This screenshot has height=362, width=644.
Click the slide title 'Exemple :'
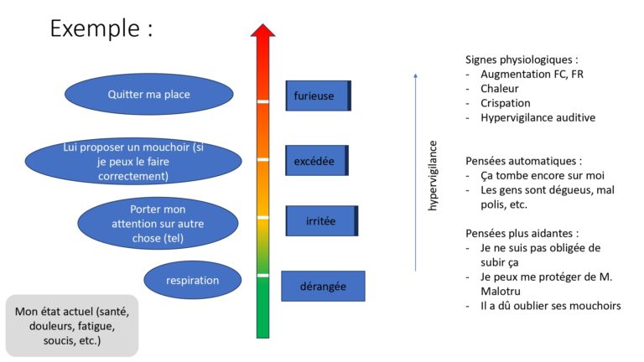(x=101, y=28)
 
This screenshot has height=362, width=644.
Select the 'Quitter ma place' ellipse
(x=149, y=94)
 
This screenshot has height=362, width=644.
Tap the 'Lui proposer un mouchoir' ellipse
(x=133, y=161)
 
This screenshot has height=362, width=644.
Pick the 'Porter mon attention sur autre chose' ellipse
(x=158, y=223)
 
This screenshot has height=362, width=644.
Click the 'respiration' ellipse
(x=193, y=281)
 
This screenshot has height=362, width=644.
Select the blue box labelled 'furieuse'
(x=319, y=96)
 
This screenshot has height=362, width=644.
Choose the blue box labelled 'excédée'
(x=317, y=161)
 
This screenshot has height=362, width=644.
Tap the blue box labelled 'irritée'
(x=322, y=221)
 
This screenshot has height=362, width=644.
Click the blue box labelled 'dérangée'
(x=323, y=286)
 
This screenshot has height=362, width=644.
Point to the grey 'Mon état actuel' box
(x=72, y=325)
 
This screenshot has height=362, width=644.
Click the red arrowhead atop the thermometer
(x=262, y=31)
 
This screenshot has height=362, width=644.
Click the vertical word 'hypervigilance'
(x=433, y=176)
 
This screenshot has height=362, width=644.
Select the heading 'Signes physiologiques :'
(x=522, y=59)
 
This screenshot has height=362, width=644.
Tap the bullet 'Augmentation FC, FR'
(x=532, y=74)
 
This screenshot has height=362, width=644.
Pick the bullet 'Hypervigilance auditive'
(x=538, y=117)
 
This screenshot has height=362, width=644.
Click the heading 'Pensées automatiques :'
(x=523, y=161)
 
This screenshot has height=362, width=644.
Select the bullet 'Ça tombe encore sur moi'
(x=543, y=175)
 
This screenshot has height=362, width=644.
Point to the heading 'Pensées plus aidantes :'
(x=522, y=233)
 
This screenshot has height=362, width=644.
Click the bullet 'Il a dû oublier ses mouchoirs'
(x=551, y=306)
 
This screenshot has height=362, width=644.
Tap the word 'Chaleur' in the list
(x=500, y=88)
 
